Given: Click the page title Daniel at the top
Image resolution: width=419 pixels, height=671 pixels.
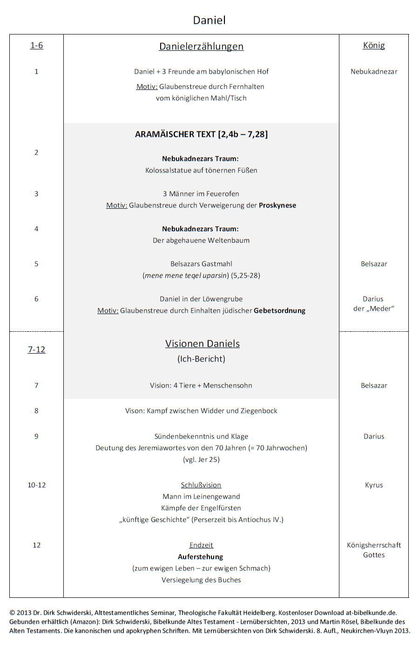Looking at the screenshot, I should pyautogui.click(x=209, y=20).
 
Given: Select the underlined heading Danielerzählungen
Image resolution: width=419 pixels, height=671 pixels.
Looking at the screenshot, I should pyautogui.click(x=201, y=46).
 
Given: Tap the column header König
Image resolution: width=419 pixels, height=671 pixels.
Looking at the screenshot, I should pyautogui.click(x=374, y=45).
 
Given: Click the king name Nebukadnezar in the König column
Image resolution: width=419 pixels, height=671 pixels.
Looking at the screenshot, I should pyautogui.click(x=374, y=71).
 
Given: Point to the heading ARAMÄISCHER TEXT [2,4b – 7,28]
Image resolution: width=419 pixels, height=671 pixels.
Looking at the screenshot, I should pyautogui.click(x=201, y=134).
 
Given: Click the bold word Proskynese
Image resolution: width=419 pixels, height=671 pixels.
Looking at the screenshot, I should pyautogui.click(x=277, y=205).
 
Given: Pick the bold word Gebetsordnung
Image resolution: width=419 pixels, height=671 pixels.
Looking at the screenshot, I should pyautogui.click(x=279, y=310).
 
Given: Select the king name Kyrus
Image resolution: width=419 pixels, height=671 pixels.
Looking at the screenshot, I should pyautogui.click(x=374, y=485).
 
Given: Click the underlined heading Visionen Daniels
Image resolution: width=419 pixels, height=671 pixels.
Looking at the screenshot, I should pyautogui.click(x=202, y=343).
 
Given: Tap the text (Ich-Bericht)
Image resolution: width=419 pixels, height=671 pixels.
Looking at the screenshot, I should pyautogui.click(x=201, y=359).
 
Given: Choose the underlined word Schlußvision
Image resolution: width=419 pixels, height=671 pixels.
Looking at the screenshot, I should pyautogui.click(x=201, y=485).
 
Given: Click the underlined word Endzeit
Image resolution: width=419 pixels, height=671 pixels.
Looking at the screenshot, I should pyautogui.click(x=201, y=545).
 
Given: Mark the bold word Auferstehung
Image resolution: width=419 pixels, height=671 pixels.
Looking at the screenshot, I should pyautogui.click(x=201, y=556).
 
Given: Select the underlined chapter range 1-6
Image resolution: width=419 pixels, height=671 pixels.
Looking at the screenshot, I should pyautogui.click(x=36, y=45).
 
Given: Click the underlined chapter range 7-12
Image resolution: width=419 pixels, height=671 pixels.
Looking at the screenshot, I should pyautogui.click(x=36, y=349).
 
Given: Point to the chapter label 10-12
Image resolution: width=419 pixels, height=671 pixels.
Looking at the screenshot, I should pyautogui.click(x=36, y=485).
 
